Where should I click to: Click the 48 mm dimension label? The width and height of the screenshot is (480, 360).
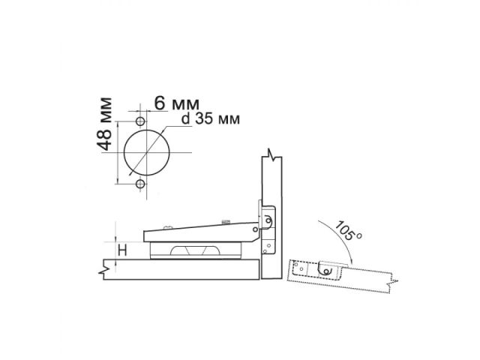point(106,124)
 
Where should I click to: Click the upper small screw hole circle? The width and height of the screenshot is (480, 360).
point(139,121)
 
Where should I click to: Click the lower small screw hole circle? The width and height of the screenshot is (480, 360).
point(139,183)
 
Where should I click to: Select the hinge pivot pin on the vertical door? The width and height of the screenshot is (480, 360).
point(265,220)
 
